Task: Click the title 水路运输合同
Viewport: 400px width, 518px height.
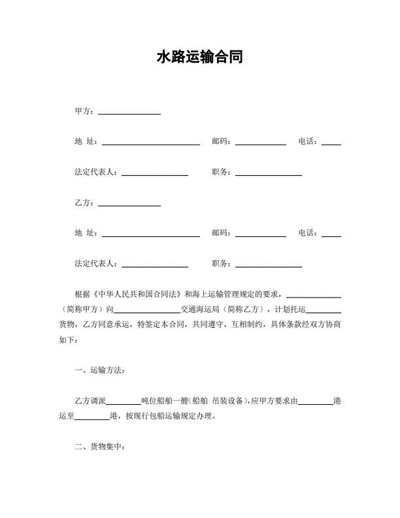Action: (x=200, y=58)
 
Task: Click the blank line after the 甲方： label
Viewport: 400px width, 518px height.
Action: (x=129, y=112)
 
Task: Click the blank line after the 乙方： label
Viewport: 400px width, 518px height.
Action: (x=129, y=203)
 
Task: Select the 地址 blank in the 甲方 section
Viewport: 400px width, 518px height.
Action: (x=150, y=142)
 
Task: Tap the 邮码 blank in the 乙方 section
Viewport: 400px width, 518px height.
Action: (x=260, y=233)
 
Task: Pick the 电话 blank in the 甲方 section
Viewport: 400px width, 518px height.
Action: (x=331, y=142)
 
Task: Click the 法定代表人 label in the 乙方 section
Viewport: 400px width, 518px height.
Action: (x=96, y=264)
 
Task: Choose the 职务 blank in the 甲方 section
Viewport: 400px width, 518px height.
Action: (x=268, y=173)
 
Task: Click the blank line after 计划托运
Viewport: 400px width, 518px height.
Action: (x=324, y=309)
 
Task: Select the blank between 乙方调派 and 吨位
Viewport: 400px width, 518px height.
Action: (x=124, y=401)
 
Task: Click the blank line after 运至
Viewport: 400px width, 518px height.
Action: (x=96, y=416)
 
